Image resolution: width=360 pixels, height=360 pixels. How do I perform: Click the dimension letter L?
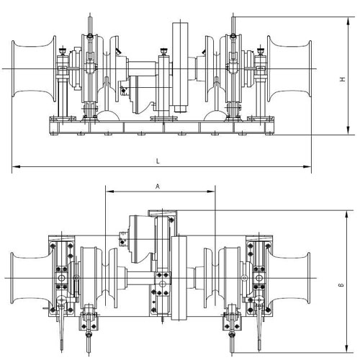tap(158, 161)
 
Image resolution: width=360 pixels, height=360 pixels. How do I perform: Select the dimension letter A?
tap(158, 185)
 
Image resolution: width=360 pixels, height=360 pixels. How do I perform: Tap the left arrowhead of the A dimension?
tap(108, 192)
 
